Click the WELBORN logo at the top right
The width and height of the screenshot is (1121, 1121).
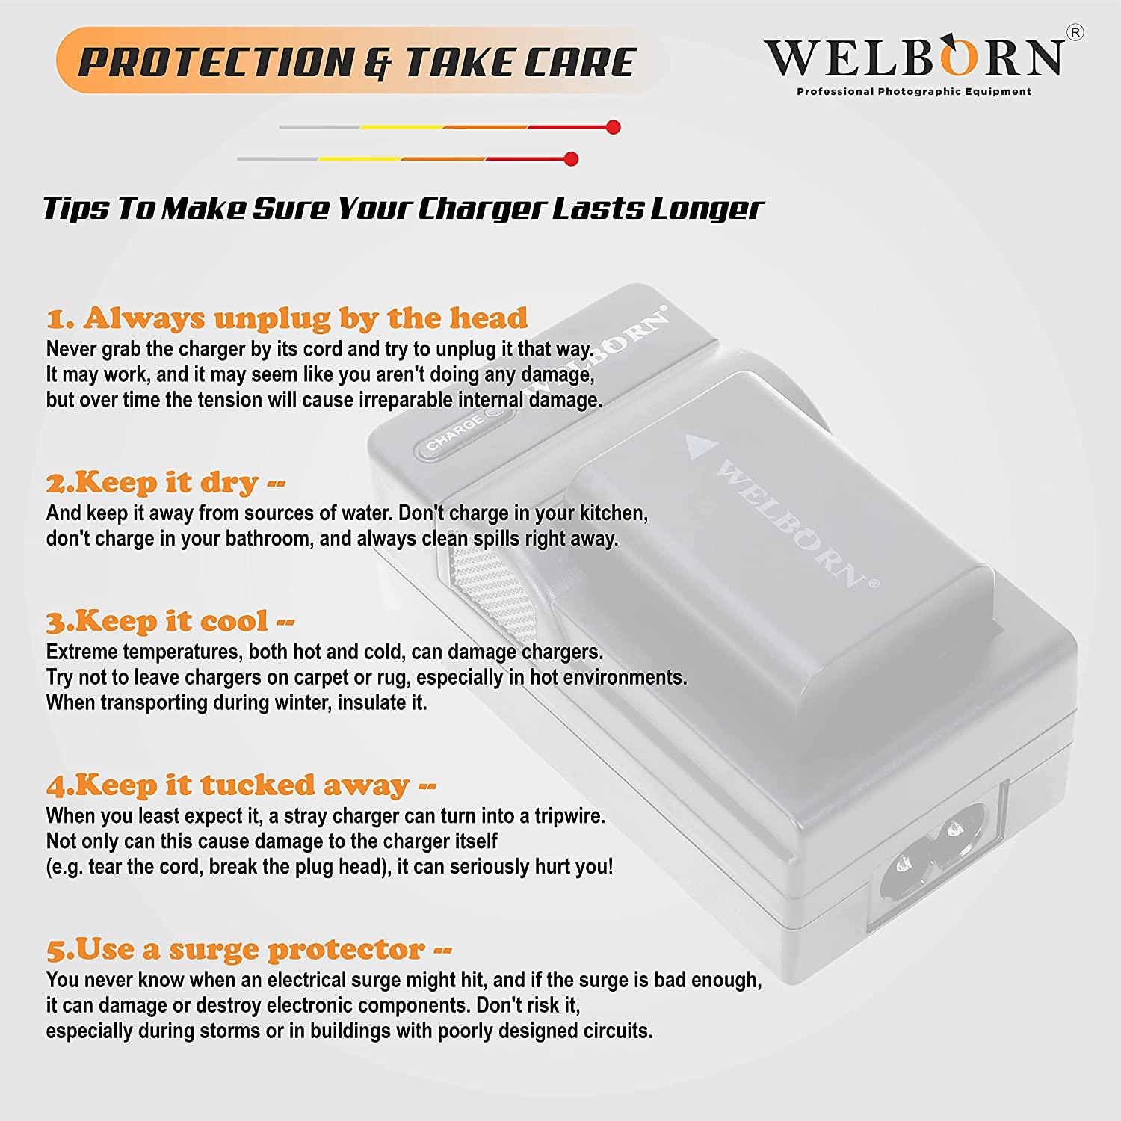[x=913, y=58]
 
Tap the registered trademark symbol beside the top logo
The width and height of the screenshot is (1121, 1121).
[x=1075, y=34]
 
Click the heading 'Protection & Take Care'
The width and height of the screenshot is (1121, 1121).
[x=356, y=62]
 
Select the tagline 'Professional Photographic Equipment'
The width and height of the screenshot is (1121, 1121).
[x=913, y=92]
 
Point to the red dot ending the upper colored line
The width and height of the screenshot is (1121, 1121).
[x=614, y=127]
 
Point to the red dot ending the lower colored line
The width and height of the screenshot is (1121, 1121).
[x=572, y=159]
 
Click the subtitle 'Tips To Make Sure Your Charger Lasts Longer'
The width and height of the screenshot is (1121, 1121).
[x=403, y=209]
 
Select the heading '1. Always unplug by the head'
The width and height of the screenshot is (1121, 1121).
[x=287, y=318]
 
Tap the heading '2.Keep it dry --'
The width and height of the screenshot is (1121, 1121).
[x=166, y=483]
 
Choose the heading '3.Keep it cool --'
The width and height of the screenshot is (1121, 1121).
[x=170, y=621]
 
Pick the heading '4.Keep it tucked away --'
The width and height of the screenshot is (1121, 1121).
[x=241, y=785]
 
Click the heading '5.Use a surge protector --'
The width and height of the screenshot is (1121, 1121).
[x=249, y=950]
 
